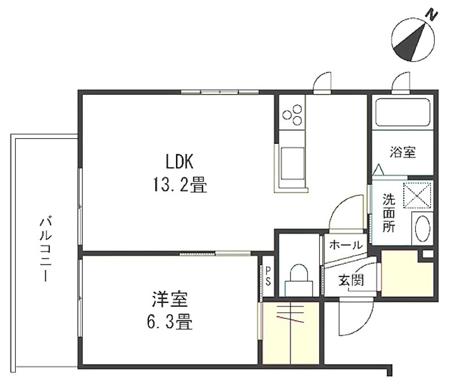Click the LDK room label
coord(180,161)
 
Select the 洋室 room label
coord(170,299)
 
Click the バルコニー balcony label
coord(46,250)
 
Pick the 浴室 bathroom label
coord(403,152)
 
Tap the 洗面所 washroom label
coord(389,213)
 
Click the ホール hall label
coord(345,245)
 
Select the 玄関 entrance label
coord(351,280)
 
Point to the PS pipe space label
coord(268,276)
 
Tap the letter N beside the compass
coord(432,15)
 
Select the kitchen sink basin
coord(292,163)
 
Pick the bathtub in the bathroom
coord(403,113)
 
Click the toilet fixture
coord(299,281)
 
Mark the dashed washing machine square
coord(417,195)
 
